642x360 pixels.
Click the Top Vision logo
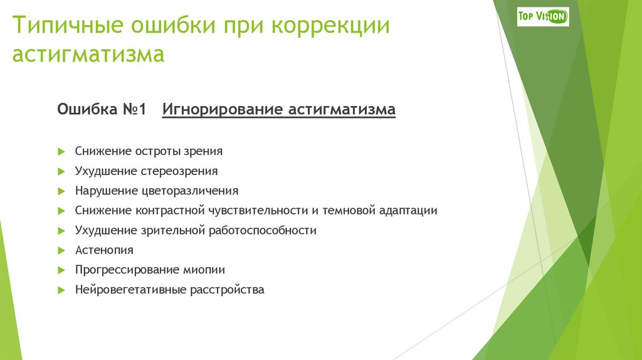pos(542,16)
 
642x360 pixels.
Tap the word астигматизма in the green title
pos(88,55)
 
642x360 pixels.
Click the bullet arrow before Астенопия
pos(61,250)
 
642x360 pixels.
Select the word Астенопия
pos(104,250)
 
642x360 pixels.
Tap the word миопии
pos(204,270)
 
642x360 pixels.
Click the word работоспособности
pos(263,230)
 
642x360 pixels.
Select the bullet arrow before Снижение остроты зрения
pos(61,151)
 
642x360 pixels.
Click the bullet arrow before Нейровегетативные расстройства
pos(61,290)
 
